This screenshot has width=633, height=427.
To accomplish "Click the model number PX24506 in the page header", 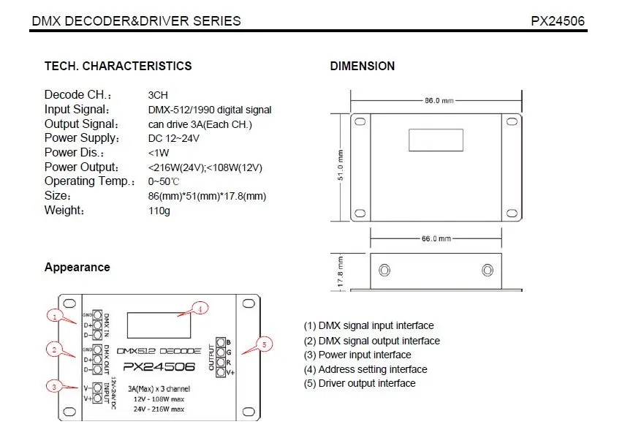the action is [558, 21].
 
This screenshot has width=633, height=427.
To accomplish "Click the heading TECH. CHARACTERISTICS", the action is [118, 66].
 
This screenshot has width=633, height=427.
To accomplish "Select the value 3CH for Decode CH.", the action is [158, 95].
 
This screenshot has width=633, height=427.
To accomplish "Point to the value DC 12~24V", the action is [173, 139].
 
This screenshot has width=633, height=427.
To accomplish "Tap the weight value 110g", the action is [159, 211].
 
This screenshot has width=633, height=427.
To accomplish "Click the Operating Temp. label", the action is [90, 181].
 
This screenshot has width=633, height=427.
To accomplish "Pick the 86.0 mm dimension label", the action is [439, 101].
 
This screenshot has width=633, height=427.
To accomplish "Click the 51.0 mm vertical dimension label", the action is [341, 165].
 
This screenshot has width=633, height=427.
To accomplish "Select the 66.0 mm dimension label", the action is [436, 239].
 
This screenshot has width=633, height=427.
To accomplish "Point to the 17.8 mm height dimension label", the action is [341, 272].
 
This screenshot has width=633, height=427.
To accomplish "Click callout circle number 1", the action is [55, 316].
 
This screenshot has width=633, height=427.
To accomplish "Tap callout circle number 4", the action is [200, 309].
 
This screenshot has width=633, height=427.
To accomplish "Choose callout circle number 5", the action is [265, 344].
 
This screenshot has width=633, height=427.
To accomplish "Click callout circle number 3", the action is [54, 387].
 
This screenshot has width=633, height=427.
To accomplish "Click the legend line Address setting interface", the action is [365, 369].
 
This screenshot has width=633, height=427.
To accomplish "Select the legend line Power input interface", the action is [357, 355].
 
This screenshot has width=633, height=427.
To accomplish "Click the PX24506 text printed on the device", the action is [159, 367].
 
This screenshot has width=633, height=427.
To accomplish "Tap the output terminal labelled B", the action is [221, 343].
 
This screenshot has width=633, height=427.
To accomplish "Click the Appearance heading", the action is [77, 267].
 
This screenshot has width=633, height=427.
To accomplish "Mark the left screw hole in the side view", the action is [384, 270].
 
